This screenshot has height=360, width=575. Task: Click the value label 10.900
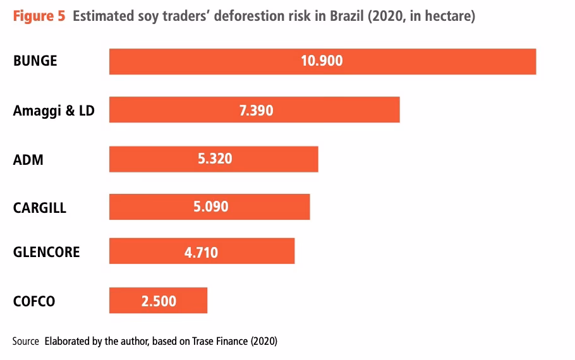(x=322, y=61)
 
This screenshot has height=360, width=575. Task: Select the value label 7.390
(x=256, y=110)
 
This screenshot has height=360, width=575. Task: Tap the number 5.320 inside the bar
(x=215, y=159)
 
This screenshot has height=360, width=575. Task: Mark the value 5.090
(x=211, y=207)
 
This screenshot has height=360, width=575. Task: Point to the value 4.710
(x=201, y=253)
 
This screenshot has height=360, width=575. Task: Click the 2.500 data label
(x=159, y=301)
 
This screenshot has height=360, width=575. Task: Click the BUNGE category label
(x=35, y=61)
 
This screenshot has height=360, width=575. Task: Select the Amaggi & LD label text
(x=54, y=111)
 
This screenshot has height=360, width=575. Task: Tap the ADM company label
(x=28, y=160)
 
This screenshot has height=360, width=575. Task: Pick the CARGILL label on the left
(x=40, y=208)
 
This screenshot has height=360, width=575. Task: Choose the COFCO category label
(x=34, y=301)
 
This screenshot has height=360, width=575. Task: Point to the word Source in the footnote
(x=26, y=341)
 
